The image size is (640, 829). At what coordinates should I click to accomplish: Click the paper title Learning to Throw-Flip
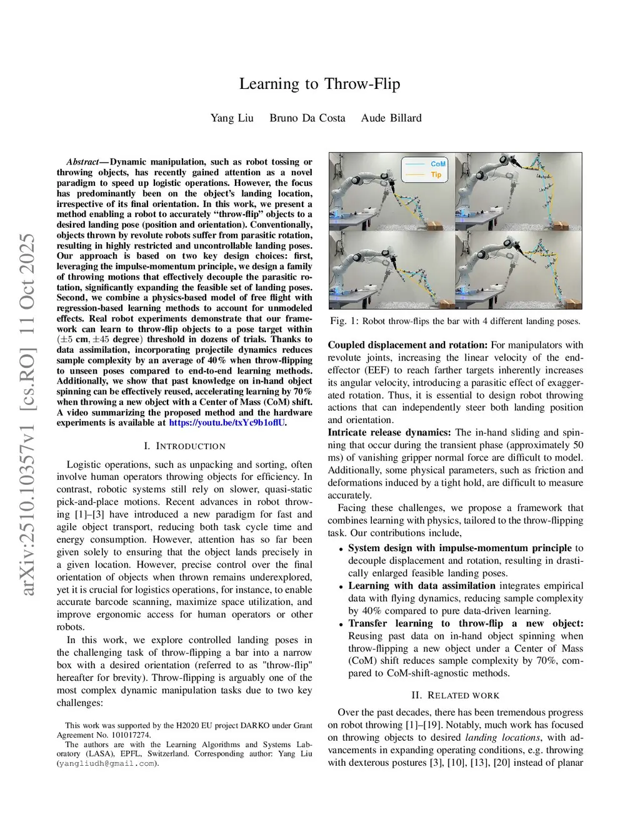319,84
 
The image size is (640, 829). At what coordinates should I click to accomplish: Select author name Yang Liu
232,118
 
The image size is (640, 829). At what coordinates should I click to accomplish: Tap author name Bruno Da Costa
307,118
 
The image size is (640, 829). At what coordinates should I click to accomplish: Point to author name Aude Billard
391,118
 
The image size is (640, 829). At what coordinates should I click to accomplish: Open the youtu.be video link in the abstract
227,423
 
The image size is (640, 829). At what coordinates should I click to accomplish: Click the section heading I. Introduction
184,446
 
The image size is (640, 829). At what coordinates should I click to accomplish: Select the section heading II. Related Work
455,695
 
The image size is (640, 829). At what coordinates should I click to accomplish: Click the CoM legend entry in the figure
437,164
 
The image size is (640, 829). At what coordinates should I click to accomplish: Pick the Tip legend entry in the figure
436,175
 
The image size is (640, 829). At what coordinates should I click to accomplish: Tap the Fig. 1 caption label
344,321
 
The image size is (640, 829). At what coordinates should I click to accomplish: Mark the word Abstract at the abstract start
82,162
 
